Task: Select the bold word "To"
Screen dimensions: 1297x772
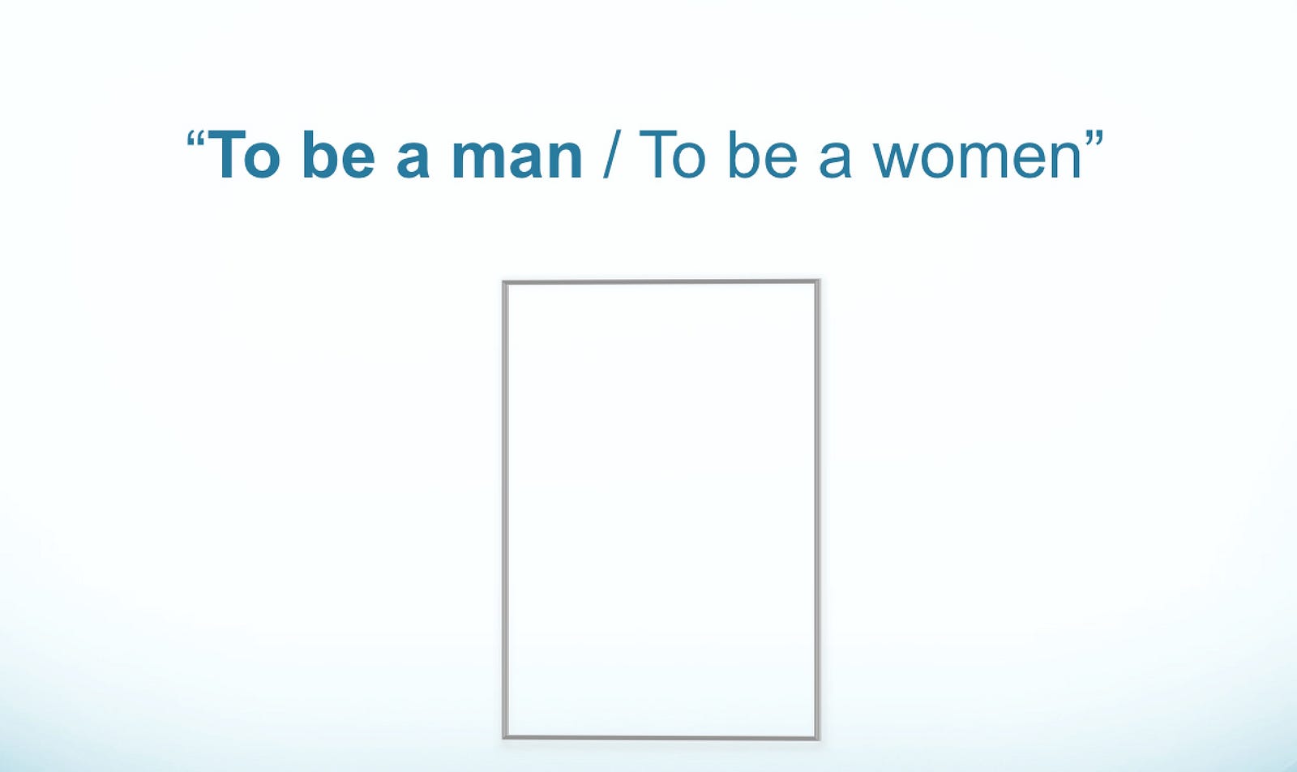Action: (244, 155)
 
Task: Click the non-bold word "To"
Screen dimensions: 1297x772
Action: (672, 155)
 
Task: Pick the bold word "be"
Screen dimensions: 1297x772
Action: (339, 155)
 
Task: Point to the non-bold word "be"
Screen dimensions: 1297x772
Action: (763, 155)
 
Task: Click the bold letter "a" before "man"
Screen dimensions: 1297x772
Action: (413, 160)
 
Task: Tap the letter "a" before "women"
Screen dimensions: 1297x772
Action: (835, 160)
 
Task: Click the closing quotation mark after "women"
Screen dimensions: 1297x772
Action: (1094, 139)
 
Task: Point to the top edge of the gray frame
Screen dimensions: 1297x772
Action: (661, 282)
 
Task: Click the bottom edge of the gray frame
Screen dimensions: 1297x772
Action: (661, 737)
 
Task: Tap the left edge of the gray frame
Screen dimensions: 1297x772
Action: (505, 509)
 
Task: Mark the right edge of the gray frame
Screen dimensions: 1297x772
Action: (817, 509)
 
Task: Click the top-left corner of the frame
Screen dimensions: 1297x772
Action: (503, 281)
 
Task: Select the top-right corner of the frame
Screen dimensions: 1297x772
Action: (819, 281)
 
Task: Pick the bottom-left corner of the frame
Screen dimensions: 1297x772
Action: (503, 739)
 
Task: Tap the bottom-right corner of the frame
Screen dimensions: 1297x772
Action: (819, 739)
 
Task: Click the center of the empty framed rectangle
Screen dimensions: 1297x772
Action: (661, 509)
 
